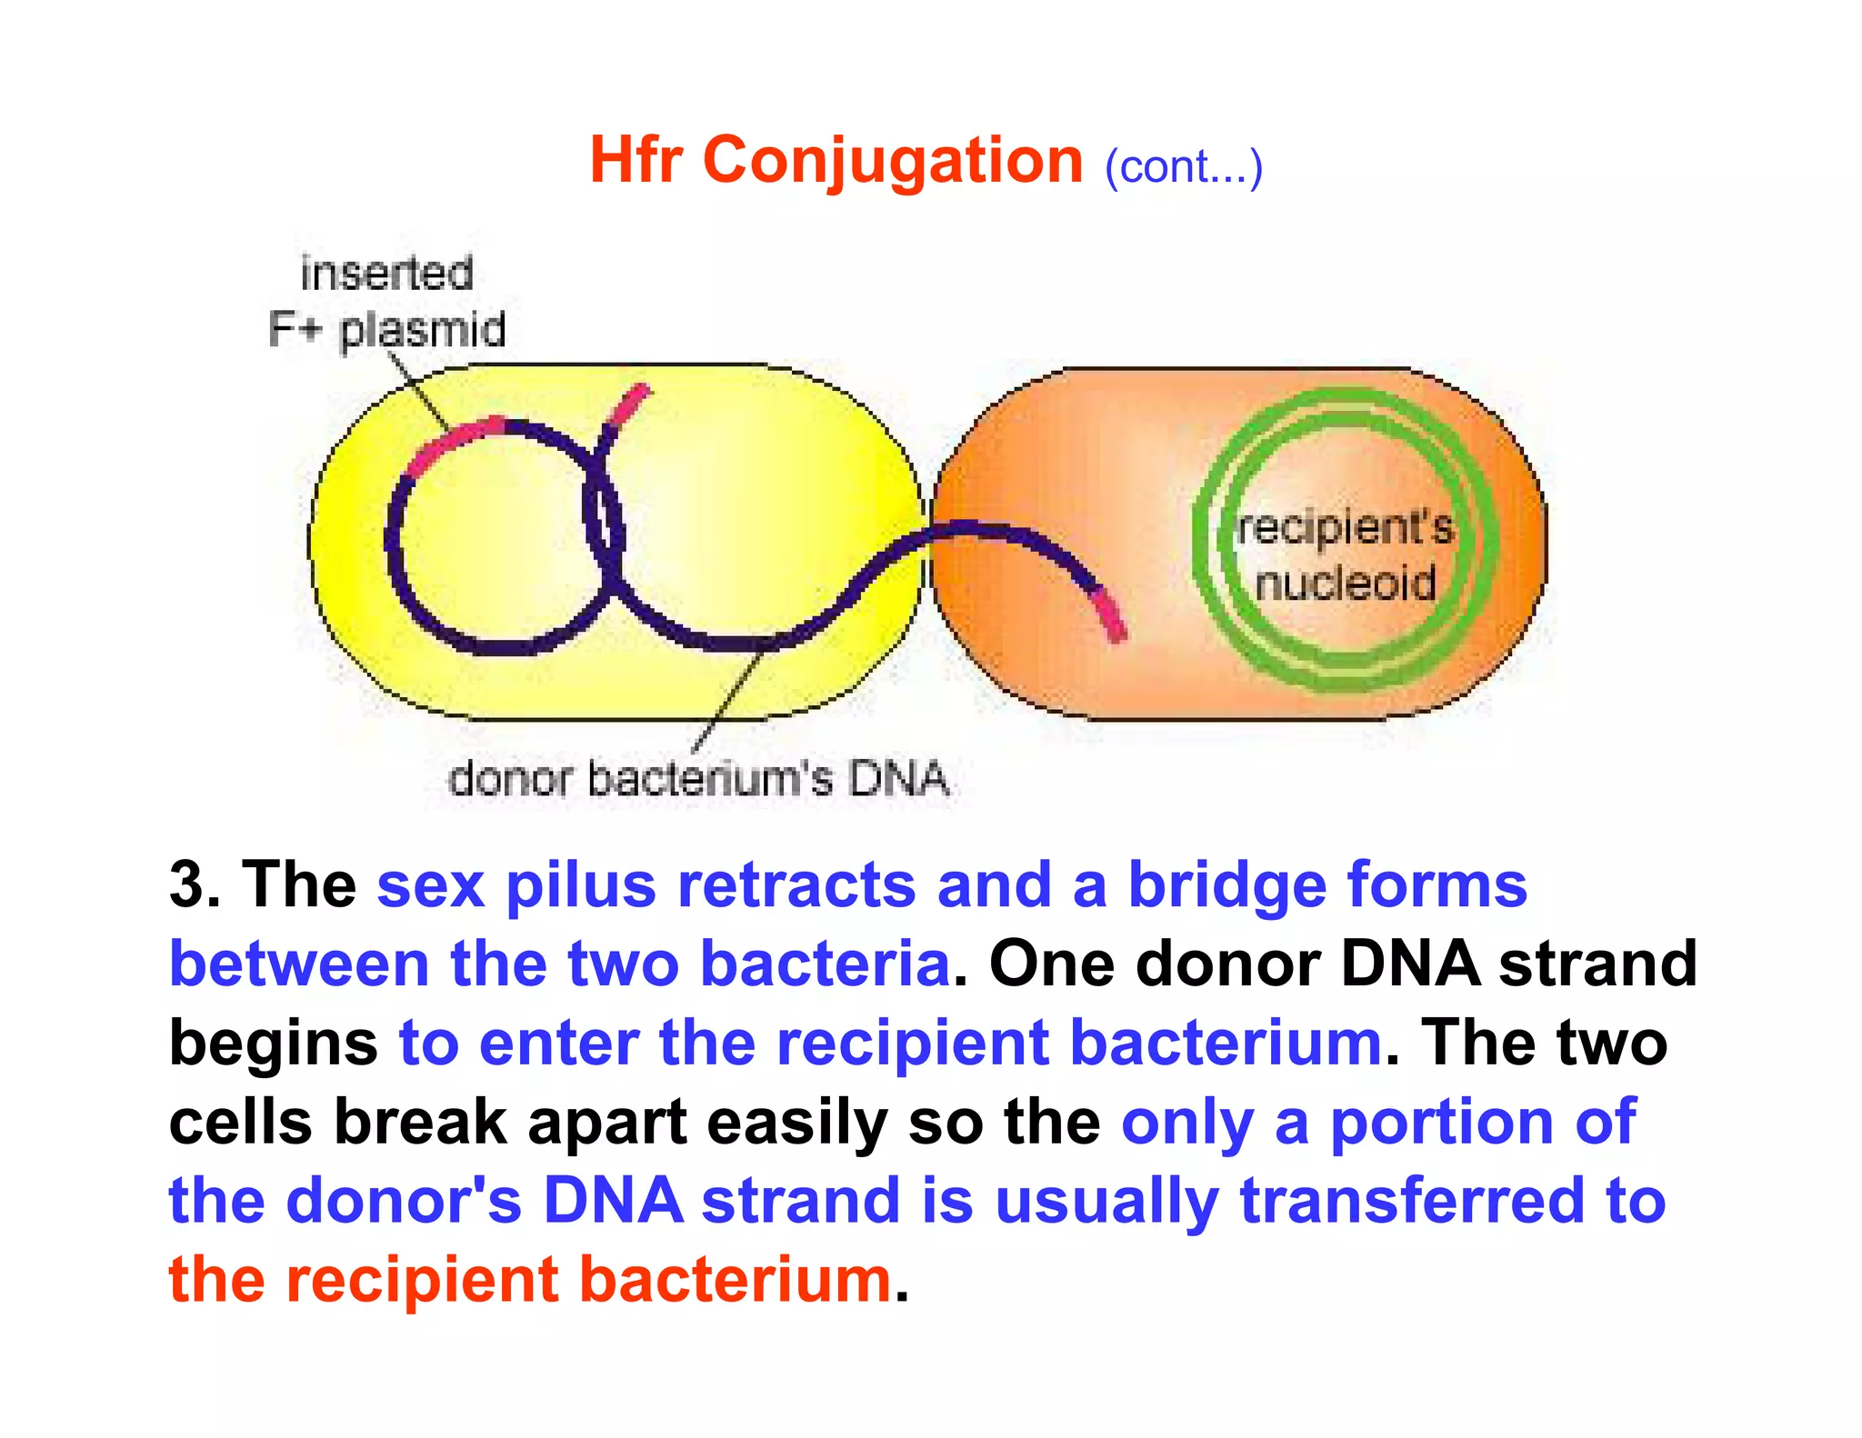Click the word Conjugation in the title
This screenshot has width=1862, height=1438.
pos(893,161)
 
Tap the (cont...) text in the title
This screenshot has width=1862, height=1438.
pos(1183,167)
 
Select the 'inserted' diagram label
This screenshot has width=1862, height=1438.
pos(386,274)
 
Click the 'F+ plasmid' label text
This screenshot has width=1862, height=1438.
pos(386,329)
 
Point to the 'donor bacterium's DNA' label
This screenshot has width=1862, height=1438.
pos(698,779)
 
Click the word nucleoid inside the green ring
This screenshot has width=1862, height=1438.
pos(1345,583)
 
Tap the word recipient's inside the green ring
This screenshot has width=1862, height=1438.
pos(1345,528)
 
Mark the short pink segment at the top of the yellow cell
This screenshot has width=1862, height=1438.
pos(627,405)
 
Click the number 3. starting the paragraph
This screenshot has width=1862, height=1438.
pos(195,884)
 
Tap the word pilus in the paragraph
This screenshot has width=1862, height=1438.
pos(580,884)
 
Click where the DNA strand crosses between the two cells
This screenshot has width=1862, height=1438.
pos(926,536)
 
